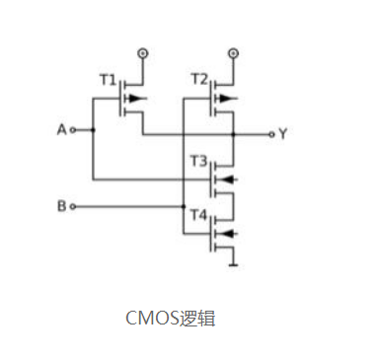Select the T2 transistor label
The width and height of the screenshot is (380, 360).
click(x=198, y=79)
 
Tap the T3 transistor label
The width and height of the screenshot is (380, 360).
click(x=198, y=161)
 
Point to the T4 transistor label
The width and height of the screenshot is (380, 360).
click(x=198, y=214)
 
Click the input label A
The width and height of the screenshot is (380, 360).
click(x=61, y=130)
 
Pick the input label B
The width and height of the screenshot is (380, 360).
click(x=61, y=207)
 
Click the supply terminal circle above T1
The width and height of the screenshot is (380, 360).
click(x=141, y=51)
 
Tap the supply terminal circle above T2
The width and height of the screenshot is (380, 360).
click(x=232, y=51)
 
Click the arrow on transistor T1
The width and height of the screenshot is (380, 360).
click(x=135, y=99)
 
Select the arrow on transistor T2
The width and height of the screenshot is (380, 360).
click(x=226, y=99)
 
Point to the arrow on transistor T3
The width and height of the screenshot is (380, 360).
click(x=226, y=180)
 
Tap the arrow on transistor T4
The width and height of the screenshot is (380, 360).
click(x=226, y=234)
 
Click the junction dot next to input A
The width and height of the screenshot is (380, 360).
click(x=93, y=129)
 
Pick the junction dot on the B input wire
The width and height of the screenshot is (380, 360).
click(x=183, y=207)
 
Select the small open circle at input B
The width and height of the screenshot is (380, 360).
click(x=72, y=207)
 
